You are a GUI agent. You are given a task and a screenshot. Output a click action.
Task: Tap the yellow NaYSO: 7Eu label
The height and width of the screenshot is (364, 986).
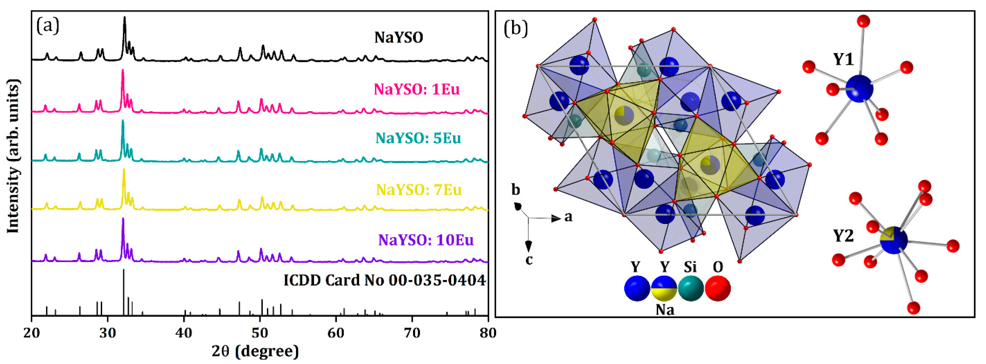coord(419,190)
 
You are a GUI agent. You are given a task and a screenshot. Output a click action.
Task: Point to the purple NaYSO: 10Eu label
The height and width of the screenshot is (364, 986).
coord(426,240)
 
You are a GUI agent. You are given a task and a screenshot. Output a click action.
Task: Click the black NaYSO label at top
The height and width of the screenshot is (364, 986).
coord(399,38)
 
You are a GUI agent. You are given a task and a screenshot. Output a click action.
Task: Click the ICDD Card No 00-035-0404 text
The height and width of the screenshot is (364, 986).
coord(384,280)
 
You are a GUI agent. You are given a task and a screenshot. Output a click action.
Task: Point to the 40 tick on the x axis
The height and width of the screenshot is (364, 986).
coord(184,333)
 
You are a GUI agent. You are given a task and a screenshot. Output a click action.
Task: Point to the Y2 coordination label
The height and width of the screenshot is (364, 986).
coord(844,236)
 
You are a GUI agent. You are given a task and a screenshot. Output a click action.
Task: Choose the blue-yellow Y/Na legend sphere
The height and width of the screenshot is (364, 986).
coord(664,288)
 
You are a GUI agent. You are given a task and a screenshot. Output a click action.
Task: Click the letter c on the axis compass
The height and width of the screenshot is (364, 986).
coord(529,260)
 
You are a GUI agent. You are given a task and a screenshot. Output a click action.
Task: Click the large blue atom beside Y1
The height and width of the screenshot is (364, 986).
coord(859,88)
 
